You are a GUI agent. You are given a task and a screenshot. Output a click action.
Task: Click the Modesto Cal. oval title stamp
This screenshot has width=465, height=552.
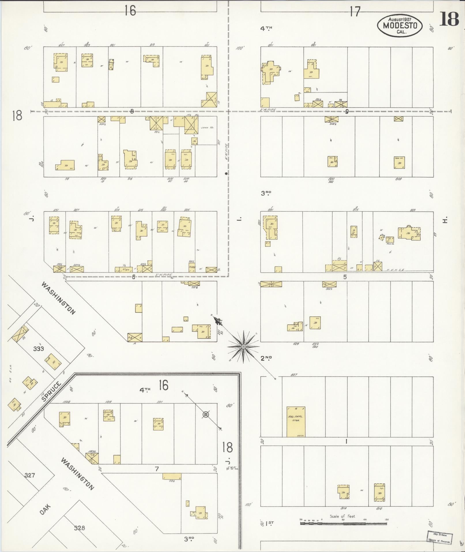tap(400, 25)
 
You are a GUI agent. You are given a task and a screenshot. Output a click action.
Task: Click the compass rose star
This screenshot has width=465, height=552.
tap(244, 346)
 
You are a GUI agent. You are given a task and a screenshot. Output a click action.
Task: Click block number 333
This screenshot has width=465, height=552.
tap(38, 349)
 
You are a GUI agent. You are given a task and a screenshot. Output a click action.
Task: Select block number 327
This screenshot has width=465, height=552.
tap(30, 475)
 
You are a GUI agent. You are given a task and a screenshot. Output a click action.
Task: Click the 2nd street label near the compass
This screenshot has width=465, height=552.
tap(266, 358)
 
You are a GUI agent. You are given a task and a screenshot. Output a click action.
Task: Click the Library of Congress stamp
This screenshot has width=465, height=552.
tap(439, 537)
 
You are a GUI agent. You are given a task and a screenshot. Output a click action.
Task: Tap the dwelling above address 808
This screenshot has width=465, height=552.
tap(399, 163)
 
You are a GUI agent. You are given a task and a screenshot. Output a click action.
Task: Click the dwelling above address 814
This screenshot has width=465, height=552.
tap(343, 492)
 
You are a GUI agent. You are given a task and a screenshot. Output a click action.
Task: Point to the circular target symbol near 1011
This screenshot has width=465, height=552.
tap(206, 415)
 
